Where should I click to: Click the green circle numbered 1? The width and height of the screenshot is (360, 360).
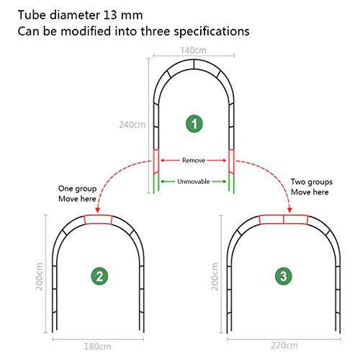[194, 124]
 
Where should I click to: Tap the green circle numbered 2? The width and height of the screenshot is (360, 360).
[99, 276]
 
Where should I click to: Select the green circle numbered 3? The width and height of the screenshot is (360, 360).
[284, 276]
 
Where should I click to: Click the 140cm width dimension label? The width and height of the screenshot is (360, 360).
[194, 50]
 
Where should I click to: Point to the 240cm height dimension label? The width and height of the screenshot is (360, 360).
[132, 125]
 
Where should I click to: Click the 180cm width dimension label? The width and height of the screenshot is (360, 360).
[97, 346]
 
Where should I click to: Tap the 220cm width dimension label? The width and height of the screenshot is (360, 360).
[284, 346]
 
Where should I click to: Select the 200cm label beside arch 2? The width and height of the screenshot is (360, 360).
[40, 276]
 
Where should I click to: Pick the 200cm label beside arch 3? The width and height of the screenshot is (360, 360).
[215, 276]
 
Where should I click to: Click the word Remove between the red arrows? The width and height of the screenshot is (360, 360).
[194, 161]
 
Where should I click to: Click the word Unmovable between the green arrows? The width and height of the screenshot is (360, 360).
[194, 181]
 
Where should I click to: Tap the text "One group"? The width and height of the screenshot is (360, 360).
[77, 189]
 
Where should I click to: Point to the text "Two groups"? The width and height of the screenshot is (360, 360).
[312, 182]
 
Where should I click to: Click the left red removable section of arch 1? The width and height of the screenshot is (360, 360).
[156, 161]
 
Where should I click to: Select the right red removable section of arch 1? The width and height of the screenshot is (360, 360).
[231, 161]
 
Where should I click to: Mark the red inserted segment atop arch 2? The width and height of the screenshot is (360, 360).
[98, 220]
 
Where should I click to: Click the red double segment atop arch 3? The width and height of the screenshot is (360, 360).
[284, 220]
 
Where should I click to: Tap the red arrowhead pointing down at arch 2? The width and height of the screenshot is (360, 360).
[97, 210]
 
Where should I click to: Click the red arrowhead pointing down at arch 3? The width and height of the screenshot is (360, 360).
[289, 210]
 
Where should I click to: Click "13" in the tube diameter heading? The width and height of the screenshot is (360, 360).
[110, 15]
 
